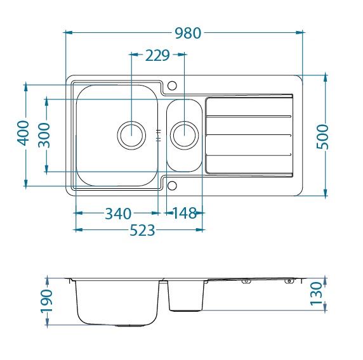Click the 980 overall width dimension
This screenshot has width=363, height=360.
(188, 33)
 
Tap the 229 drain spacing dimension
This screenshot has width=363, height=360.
(157, 56)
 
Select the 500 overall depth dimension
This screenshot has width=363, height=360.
(322, 137)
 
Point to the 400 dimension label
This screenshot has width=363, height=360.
(23, 133)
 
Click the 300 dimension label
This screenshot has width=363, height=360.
(44, 135)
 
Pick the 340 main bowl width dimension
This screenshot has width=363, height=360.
(118, 214)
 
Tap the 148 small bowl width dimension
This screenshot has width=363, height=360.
(185, 213)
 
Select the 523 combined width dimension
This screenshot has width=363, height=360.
(142, 230)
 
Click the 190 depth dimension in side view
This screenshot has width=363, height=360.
(46, 301)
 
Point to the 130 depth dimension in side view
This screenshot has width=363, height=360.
(316, 293)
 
